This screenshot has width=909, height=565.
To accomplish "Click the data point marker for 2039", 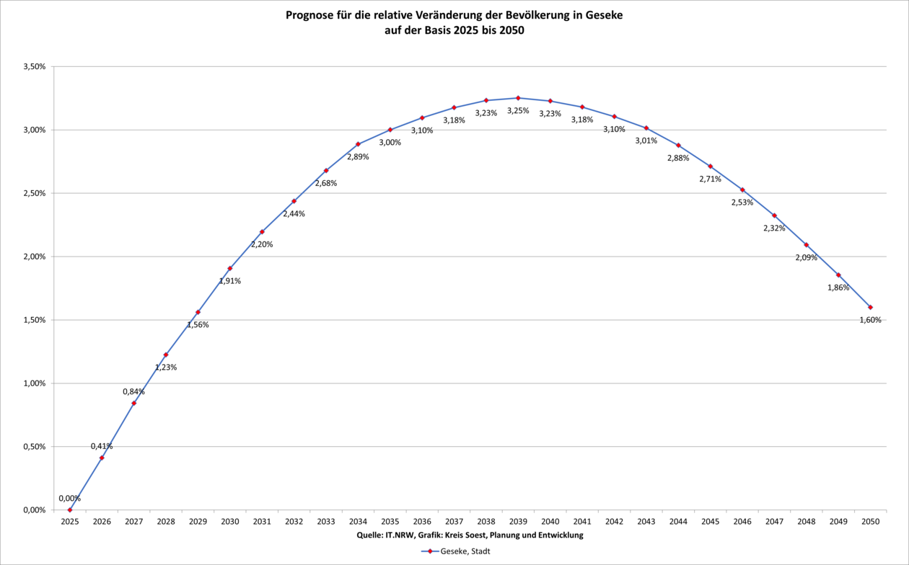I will pyautogui.click(x=518, y=98).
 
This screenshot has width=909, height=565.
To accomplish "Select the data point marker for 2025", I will pyautogui.click(x=70, y=510).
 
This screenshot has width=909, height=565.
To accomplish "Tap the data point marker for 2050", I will pyautogui.click(x=871, y=307).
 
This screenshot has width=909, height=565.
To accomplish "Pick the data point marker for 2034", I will pyautogui.click(x=358, y=144).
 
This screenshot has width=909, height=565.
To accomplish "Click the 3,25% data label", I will pyautogui.click(x=518, y=111).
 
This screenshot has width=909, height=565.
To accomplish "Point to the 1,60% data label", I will pyautogui.click(x=870, y=320).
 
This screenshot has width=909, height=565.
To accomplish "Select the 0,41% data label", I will pyautogui.click(x=102, y=446).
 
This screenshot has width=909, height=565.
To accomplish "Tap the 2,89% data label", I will pyautogui.click(x=358, y=157).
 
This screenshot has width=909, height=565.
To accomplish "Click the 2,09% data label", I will pyautogui.click(x=806, y=257).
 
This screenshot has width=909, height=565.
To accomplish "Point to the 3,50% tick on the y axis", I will pyautogui.click(x=35, y=66).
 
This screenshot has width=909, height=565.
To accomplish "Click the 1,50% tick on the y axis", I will pyautogui.click(x=35, y=320).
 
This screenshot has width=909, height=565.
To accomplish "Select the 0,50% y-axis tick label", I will pyautogui.click(x=35, y=447).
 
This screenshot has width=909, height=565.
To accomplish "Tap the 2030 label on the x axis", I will pyautogui.click(x=230, y=521).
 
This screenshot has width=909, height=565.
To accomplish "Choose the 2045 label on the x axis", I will pyautogui.click(x=711, y=521).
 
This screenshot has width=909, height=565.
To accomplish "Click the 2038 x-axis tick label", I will pyautogui.click(x=486, y=521).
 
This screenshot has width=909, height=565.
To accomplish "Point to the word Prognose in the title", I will pyautogui.click(x=311, y=14).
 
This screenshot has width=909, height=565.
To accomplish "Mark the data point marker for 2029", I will pyautogui.click(x=198, y=312).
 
